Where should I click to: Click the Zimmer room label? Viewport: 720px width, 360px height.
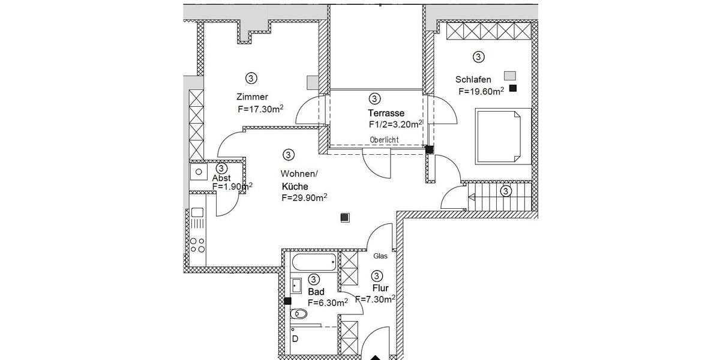click(252, 97)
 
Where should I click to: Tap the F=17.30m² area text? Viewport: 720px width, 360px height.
click(260, 109)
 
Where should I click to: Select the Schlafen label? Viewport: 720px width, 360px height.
click(473, 80)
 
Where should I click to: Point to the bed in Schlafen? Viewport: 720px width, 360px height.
click(503, 136)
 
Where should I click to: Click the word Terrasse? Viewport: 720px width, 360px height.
click(386, 113)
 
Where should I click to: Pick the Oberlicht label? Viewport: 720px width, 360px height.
click(384, 140)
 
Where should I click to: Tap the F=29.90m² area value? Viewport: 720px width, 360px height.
click(304, 197)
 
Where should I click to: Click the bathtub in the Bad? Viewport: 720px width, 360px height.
click(314, 262)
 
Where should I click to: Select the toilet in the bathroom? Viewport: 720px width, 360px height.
click(298, 314)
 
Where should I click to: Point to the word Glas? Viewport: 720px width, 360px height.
click(380, 256)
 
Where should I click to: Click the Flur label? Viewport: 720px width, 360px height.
click(380, 288)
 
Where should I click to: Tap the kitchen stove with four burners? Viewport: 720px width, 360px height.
click(197, 244)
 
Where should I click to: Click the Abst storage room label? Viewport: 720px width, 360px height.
click(222, 178)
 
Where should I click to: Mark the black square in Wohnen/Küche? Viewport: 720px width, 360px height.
click(344, 218)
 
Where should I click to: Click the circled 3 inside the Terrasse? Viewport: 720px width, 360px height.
click(374, 98)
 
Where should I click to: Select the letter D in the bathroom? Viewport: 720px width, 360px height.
click(295, 338)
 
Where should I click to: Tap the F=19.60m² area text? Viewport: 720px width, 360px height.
click(481, 92)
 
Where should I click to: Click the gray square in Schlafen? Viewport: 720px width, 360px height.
click(509, 76)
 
